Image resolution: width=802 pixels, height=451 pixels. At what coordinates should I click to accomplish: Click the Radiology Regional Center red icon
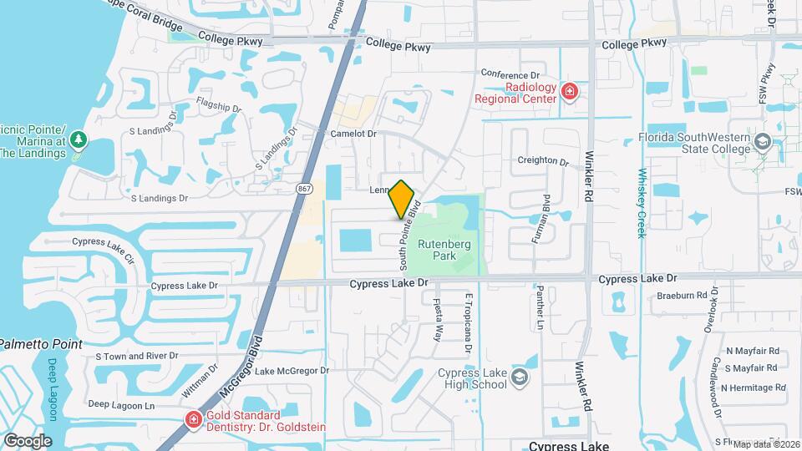click(570, 91)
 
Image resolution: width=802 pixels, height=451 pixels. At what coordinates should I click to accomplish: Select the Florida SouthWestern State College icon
click(762, 142)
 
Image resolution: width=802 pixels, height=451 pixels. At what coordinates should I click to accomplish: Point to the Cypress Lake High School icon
click(520, 378)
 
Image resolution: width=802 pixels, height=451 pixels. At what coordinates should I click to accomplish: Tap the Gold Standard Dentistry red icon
click(193, 418)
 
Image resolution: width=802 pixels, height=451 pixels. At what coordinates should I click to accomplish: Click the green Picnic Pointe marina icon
click(78, 139)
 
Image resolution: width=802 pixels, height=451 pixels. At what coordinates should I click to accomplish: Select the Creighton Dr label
click(543, 160)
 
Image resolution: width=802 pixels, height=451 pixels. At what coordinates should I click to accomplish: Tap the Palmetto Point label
click(40, 344)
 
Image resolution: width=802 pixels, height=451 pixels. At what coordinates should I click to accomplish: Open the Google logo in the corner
click(27, 440)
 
